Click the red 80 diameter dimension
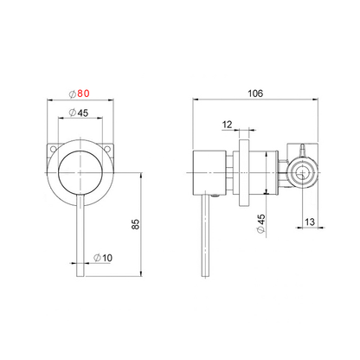pos(83,93)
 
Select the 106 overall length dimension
pos(255,93)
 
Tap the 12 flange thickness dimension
pos(227,125)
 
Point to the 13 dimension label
pos(310,222)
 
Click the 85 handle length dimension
pos(136,224)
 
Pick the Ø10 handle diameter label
pos(103,258)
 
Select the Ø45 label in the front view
pos(79,112)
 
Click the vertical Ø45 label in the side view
pos(260,224)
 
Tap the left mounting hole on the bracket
pos(53,149)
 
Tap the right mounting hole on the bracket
pos(107,149)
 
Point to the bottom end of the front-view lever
pos(80,277)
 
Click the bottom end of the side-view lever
pos(205,277)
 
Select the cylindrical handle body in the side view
pos(209,173)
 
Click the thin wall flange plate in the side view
pos(244,173)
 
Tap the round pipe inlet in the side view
pos(302,173)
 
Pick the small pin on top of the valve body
pos(302,150)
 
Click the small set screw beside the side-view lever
pos(215,196)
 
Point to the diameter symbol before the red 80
pos(73,93)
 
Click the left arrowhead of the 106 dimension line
pos(196,100)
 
